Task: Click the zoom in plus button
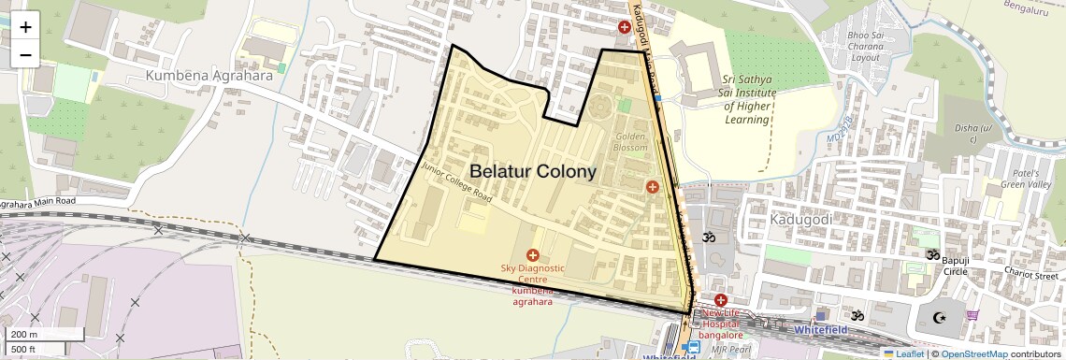[x=25, y=27]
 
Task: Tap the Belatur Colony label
[x=532, y=172]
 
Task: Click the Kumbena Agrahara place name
[x=209, y=75]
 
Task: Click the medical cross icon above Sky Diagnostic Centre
[x=533, y=254]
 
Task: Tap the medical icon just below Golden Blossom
[x=653, y=187]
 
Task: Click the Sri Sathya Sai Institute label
[x=749, y=94]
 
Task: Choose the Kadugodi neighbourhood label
[x=800, y=219]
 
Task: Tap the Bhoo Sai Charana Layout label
[x=864, y=46]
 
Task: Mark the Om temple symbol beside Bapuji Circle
[x=931, y=253]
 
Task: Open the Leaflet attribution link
[x=902, y=353]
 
